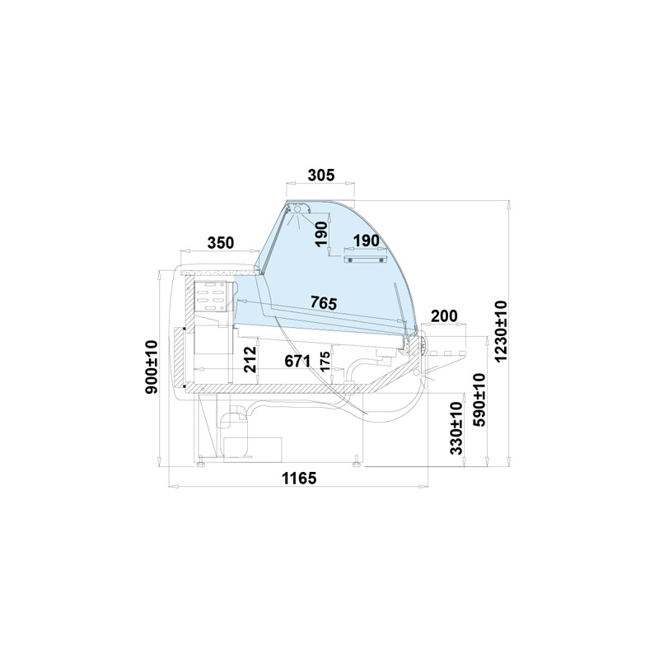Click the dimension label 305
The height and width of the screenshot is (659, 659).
[321, 175]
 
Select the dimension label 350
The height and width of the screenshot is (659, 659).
[221, 242]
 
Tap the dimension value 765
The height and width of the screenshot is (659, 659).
[324, 302]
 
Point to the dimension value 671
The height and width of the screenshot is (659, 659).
[297, 361]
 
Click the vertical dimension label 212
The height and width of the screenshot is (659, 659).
[250, 359]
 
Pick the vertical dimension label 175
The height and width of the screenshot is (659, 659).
[325, 362]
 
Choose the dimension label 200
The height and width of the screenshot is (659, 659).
[444, 315]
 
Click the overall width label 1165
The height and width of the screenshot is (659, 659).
[299, 479]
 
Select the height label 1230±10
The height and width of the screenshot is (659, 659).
[502, 331]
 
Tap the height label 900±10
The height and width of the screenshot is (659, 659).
[151, 367]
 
